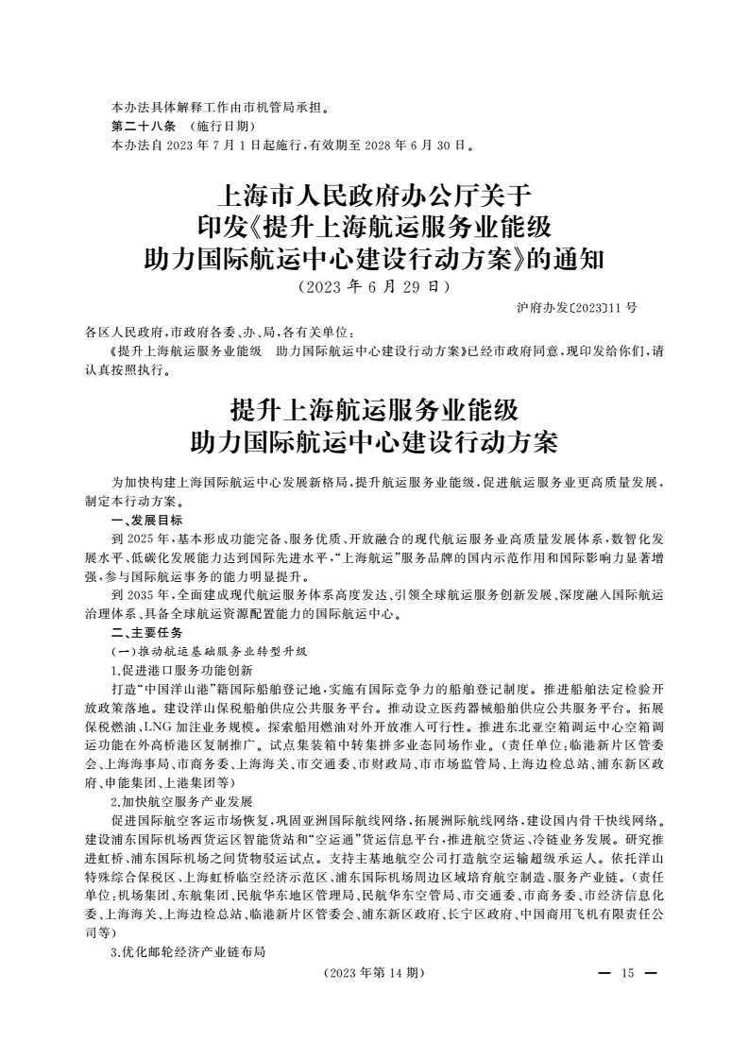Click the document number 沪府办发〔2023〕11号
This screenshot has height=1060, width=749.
577,308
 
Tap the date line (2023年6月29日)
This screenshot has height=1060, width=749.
373,285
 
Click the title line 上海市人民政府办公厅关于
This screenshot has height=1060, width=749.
375,198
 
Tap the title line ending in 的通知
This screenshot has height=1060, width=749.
375,257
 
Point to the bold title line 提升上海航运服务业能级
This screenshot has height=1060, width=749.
375,411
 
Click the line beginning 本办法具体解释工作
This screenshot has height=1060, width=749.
220,108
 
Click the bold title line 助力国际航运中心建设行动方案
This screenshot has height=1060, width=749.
375,441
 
